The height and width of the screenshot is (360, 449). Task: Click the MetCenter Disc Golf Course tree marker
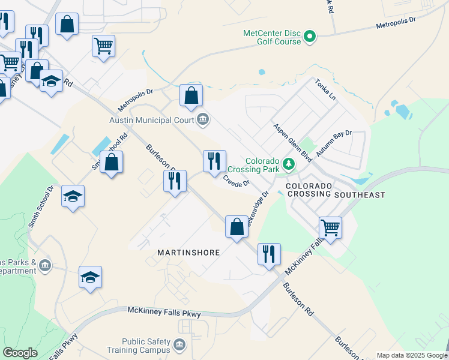[x=310, y=37]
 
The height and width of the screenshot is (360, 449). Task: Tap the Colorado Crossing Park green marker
[x=289, y=164]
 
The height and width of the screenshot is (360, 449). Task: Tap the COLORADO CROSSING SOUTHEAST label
[x=335, y=190]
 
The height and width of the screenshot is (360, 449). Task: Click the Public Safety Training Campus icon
[x=179, y=344]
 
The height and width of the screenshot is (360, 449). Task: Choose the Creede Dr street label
[x=236, y=181]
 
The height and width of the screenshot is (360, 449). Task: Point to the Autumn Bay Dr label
[x=334, y=144]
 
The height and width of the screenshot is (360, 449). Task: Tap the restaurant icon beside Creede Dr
[x=214, y=161]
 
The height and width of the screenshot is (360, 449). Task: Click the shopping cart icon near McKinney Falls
[x=330, y=227]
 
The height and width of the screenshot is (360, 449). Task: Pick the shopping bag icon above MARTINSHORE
[x=237, y=227]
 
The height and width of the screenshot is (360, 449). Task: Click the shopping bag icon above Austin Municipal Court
[x=191, y=95]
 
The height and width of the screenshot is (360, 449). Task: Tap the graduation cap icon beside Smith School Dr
[x=73, y=196]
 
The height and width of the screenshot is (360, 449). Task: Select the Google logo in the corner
[x=20, y=353]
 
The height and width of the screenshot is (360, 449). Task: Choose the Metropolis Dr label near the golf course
[x=396, y=24]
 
